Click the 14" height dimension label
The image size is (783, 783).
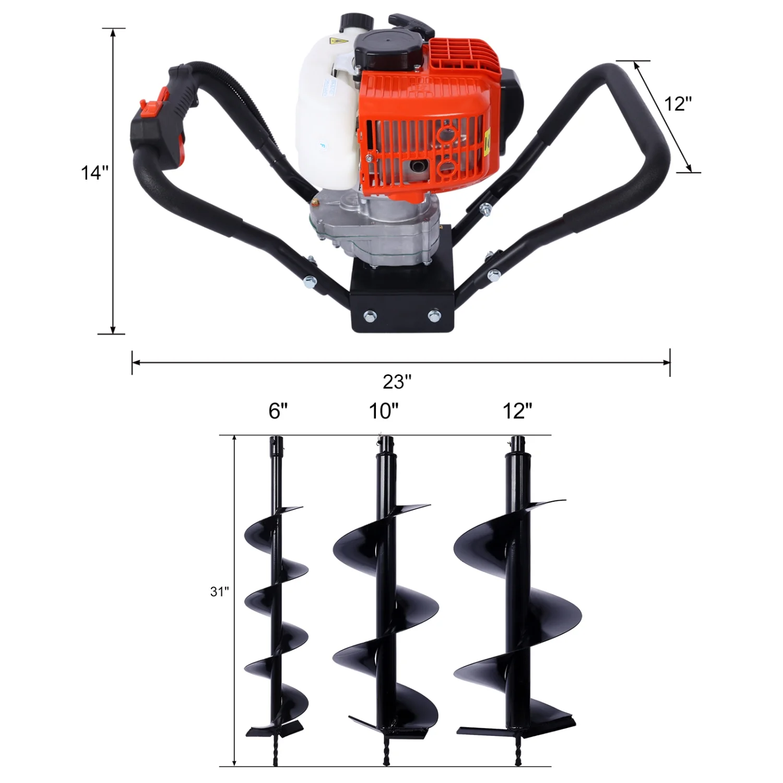[94, 172]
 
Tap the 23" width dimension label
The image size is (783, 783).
[397, 382]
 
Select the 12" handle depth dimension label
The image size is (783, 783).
[678, 104]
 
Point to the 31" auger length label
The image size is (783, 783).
[219, 591]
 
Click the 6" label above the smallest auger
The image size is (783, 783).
[278, 411]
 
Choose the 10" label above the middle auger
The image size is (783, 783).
[384, 411]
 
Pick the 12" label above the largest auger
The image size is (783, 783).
[517, 411]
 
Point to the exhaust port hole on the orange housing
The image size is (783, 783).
[418, 168]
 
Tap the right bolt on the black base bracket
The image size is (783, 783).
[433, 315]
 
